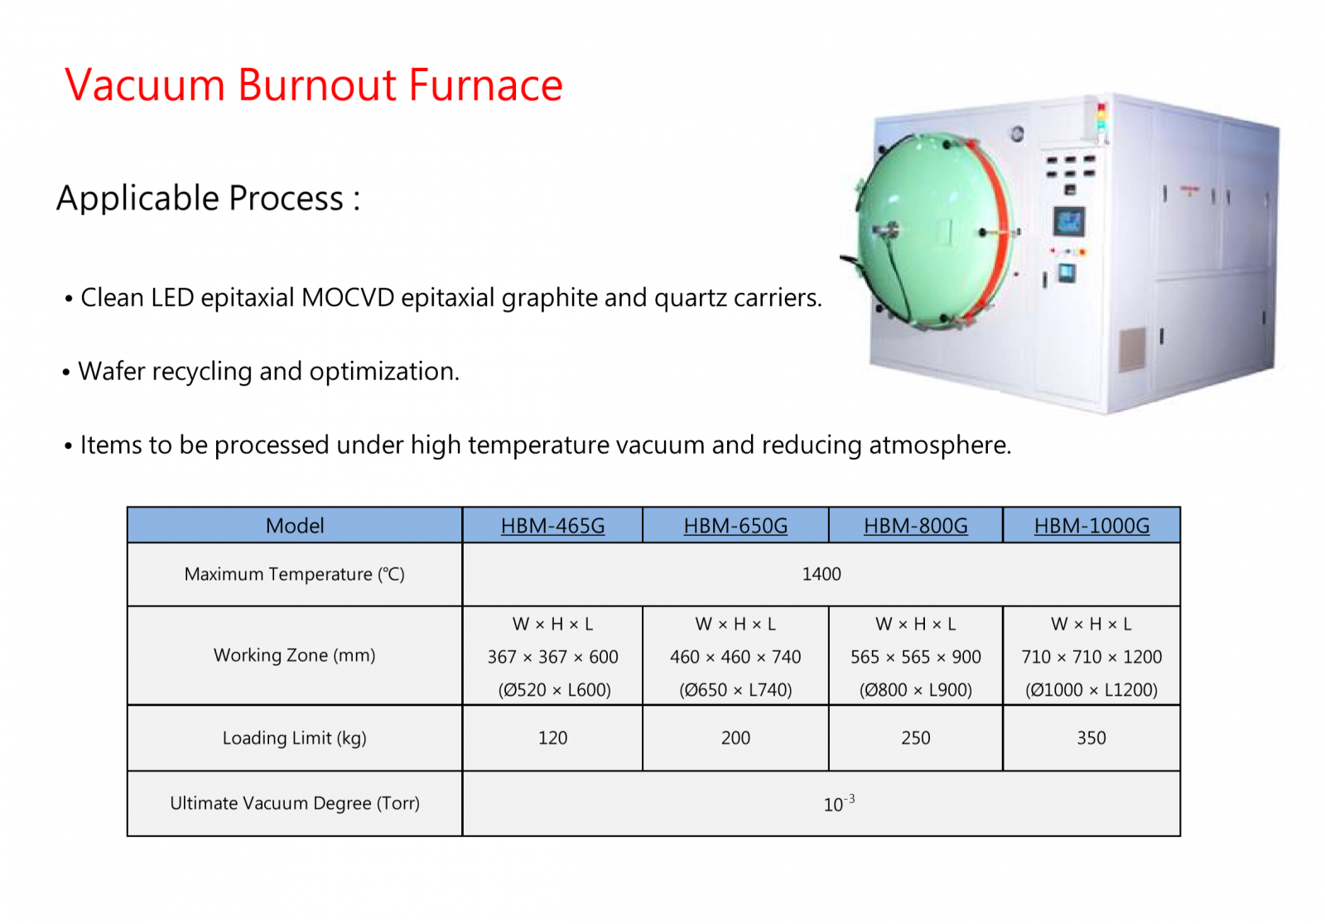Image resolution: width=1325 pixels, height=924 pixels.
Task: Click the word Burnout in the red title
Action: pos(316,85)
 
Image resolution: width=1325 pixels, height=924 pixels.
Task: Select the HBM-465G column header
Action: pos(553,525)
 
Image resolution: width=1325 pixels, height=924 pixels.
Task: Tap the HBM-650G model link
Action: pos(736,525)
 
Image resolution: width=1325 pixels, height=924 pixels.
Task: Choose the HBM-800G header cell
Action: pos(916,525)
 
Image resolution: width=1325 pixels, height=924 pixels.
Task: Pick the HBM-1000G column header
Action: pos(1092,525)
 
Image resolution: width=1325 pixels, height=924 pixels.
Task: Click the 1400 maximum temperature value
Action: pos(821,574)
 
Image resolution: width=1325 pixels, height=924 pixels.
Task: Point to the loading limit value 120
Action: pos(553,738)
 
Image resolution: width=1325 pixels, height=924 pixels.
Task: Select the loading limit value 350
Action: pos(1091,738)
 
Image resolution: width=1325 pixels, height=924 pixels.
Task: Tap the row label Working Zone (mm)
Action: pos(295,656)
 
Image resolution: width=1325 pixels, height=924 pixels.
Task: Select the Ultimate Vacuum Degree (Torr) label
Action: pos(295,803)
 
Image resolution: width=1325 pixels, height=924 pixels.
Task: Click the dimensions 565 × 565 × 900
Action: pos(916,657)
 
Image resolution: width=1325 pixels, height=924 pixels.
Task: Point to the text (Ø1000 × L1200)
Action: pos(1091,690)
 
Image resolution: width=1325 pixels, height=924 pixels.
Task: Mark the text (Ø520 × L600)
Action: pos(554,690)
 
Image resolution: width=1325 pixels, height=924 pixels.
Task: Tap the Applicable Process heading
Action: pos(208,198)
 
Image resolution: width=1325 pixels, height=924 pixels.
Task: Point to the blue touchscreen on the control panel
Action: pos(1069,222)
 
